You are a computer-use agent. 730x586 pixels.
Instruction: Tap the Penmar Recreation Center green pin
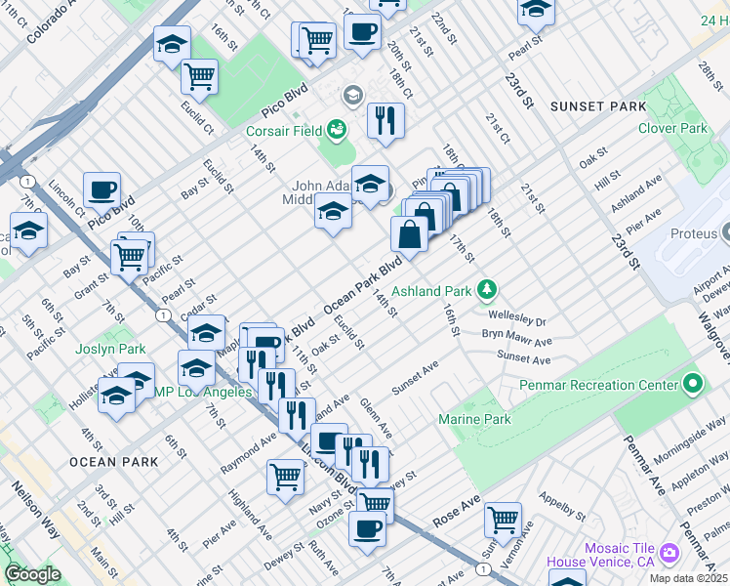point(693,385)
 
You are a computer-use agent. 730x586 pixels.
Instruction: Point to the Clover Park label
point(672,128)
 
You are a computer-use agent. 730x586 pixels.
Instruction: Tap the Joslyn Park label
point(110,349)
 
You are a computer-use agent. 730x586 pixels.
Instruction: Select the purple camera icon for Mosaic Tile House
point(669,553)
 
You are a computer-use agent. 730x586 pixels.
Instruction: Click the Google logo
point(32,573)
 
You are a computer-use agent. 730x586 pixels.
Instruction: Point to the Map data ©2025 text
point(689,579)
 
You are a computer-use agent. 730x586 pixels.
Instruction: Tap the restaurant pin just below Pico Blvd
point(385,120)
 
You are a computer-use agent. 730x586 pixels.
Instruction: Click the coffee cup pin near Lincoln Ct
point(101,188)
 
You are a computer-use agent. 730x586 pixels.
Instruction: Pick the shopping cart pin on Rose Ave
point(503,518)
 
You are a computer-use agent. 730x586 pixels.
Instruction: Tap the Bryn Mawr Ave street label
point(516,339)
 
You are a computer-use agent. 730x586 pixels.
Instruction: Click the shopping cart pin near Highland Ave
point(285,477)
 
